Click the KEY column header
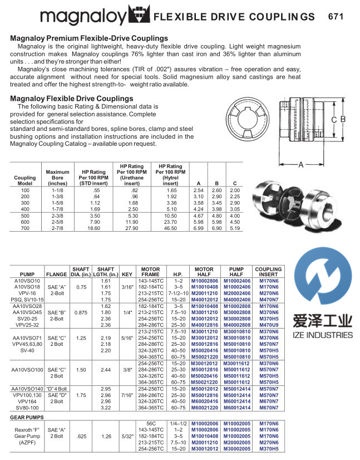127,275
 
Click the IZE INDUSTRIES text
323,334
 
